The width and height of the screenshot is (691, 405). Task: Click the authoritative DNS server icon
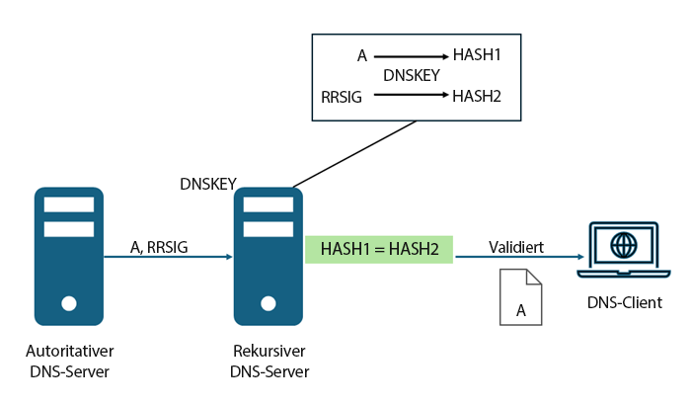69,256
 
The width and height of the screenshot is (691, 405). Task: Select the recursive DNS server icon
268,256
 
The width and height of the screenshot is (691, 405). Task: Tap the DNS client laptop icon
622,250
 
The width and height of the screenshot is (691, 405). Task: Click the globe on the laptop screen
622,243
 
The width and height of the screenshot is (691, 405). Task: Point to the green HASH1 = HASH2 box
379,249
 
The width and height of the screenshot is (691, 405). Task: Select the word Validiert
515,247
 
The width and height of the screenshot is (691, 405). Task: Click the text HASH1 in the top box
477,56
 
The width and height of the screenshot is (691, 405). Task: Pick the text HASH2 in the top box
477,96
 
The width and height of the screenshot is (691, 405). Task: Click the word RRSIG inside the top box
343,97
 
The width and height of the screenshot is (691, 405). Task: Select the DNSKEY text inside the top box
412,75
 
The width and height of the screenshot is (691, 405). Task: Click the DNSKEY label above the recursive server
208,184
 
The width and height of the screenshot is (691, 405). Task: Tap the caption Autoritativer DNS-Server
69,362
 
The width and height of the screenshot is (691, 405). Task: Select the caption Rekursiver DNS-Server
269,362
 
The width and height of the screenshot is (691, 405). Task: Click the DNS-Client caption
622,302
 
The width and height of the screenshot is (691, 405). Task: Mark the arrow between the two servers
168,258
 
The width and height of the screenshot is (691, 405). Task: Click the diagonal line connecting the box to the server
355,154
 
